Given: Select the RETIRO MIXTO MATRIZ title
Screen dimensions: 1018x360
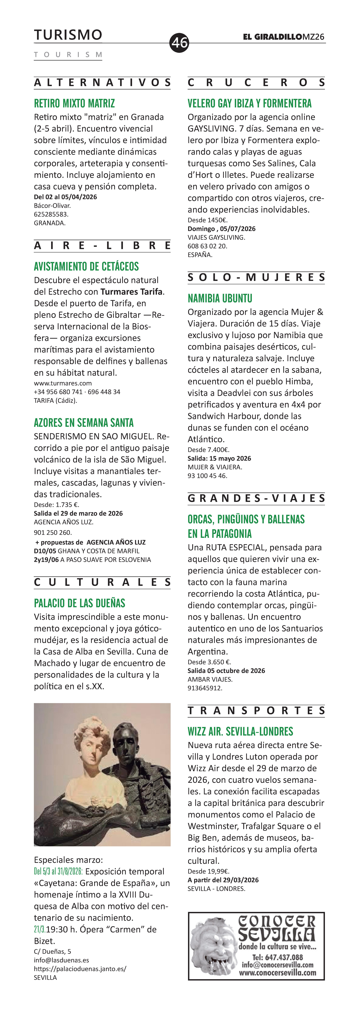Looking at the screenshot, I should [x=74, y=104].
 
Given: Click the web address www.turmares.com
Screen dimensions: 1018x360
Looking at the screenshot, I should [x=63, y=383].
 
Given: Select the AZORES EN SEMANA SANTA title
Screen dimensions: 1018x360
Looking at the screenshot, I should [x=84, y=423].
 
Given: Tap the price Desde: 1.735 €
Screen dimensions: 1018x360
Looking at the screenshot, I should [x=57, y=505].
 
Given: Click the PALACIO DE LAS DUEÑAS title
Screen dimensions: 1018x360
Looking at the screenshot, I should [x=79, y=603].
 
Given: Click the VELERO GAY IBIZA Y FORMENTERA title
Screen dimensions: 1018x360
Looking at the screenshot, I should [x=249, y=104].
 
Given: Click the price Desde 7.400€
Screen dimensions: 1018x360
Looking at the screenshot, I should [x=208, y=450].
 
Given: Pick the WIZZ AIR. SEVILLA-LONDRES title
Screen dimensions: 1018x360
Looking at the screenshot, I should [x=240, y=731].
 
